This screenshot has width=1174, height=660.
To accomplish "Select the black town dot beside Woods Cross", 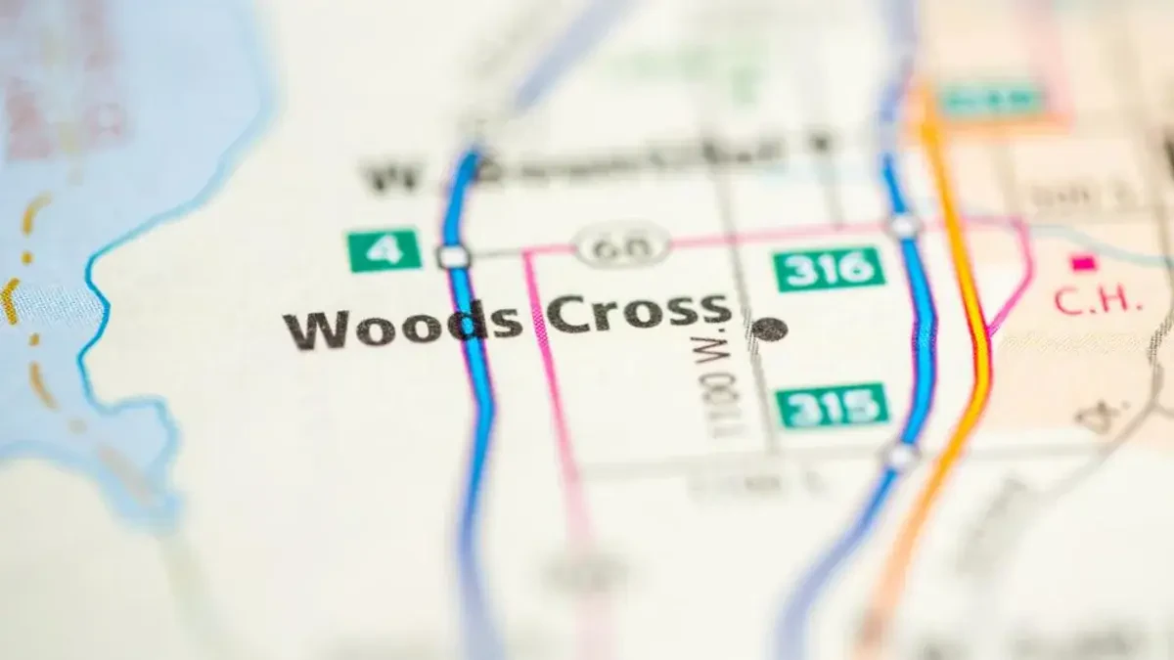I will click(x=770, y=330).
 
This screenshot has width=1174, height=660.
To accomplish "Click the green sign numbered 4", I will click(x=384, y=250).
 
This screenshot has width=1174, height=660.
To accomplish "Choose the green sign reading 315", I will click(x=833, y=405).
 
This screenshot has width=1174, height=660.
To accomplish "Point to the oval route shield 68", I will click(x=622, y=244).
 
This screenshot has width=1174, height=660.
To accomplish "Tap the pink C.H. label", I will click(x=1098, y=300).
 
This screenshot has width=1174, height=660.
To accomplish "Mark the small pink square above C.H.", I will click(x=1081, y=262).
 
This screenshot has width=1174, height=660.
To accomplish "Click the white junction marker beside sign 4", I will click(x=454, y=256).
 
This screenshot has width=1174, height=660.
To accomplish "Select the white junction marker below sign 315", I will click(x=901, y=456).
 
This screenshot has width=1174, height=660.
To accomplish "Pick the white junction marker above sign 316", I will click(x=904, y=226).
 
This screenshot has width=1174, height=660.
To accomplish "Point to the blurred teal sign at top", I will click(x=991, y=99).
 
